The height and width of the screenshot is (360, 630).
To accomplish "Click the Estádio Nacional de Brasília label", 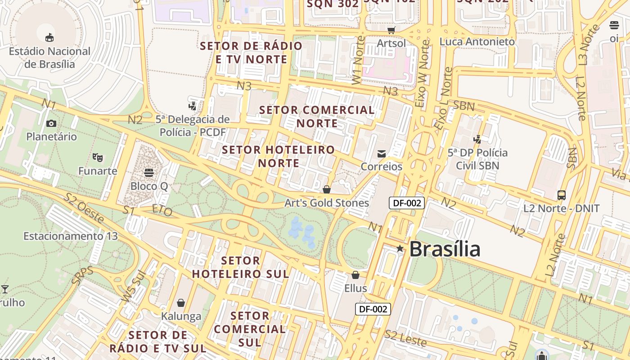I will (49, 58).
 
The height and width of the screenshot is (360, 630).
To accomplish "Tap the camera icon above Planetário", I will (51, 123).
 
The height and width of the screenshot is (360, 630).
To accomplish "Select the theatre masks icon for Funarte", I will (97, 157).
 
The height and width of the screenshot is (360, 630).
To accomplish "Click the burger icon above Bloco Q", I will (149, 173).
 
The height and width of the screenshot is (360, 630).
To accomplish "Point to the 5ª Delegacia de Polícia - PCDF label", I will (193, 126).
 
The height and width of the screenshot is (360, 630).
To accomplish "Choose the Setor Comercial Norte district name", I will (317, 117).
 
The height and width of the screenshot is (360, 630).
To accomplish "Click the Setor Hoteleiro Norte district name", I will (279, 156).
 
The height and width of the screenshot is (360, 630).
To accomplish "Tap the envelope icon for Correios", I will (382, 153).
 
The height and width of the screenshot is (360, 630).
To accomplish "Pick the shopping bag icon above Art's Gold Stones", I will (327, 189).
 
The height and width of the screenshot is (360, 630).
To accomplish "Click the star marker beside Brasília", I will (400, 248).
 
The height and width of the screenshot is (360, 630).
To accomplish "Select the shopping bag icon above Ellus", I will (355, 274).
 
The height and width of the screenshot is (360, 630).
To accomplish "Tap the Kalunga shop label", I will (181, 316).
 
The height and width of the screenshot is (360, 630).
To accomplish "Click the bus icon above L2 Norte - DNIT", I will (562, 195).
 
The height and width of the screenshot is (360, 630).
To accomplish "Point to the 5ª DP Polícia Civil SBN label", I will (477, 159).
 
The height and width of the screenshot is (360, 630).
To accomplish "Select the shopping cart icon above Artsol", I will (391, 30).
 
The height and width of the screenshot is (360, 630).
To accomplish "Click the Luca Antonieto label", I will (477, 41).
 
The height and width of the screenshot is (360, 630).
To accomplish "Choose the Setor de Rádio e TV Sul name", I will (157, 342).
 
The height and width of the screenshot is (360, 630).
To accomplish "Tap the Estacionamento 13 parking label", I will (70, 236).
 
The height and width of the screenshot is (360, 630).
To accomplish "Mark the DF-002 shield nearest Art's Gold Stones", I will (407, 203).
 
